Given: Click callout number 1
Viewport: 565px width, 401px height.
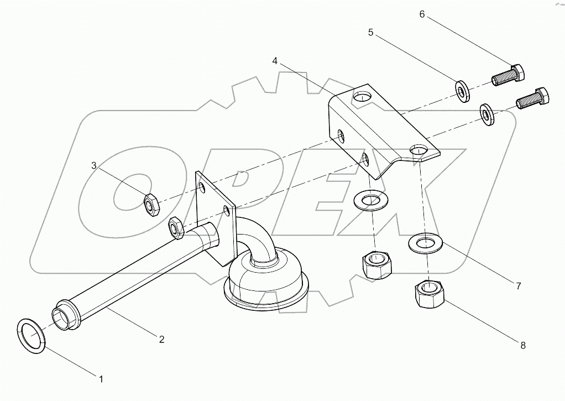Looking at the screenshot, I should coord(101,379).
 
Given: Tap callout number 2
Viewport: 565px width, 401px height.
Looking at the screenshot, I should coord(161,340).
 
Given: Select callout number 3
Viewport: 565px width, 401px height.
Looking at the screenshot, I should coord(94,165).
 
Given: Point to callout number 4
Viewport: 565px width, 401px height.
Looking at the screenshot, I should coord(275,61).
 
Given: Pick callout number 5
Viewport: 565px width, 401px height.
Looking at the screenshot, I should coord(371,33).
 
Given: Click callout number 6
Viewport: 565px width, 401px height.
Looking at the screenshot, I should coord(422,14).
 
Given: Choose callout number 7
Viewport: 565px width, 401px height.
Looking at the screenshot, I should coord(518,286).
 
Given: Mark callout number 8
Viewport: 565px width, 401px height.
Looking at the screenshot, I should coord(522,346).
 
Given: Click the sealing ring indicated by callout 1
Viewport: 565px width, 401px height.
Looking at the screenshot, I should coord(31,334).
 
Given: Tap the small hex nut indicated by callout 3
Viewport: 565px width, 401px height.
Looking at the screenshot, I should coord(151,204).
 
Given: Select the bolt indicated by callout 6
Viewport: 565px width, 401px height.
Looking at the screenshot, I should coord(508,74).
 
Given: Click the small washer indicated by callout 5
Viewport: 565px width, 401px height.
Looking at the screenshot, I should coord(462,90).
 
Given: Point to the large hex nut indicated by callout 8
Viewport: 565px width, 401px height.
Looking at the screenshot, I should coord(428,294).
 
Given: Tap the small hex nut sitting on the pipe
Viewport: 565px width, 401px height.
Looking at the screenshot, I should coord(176,227).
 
